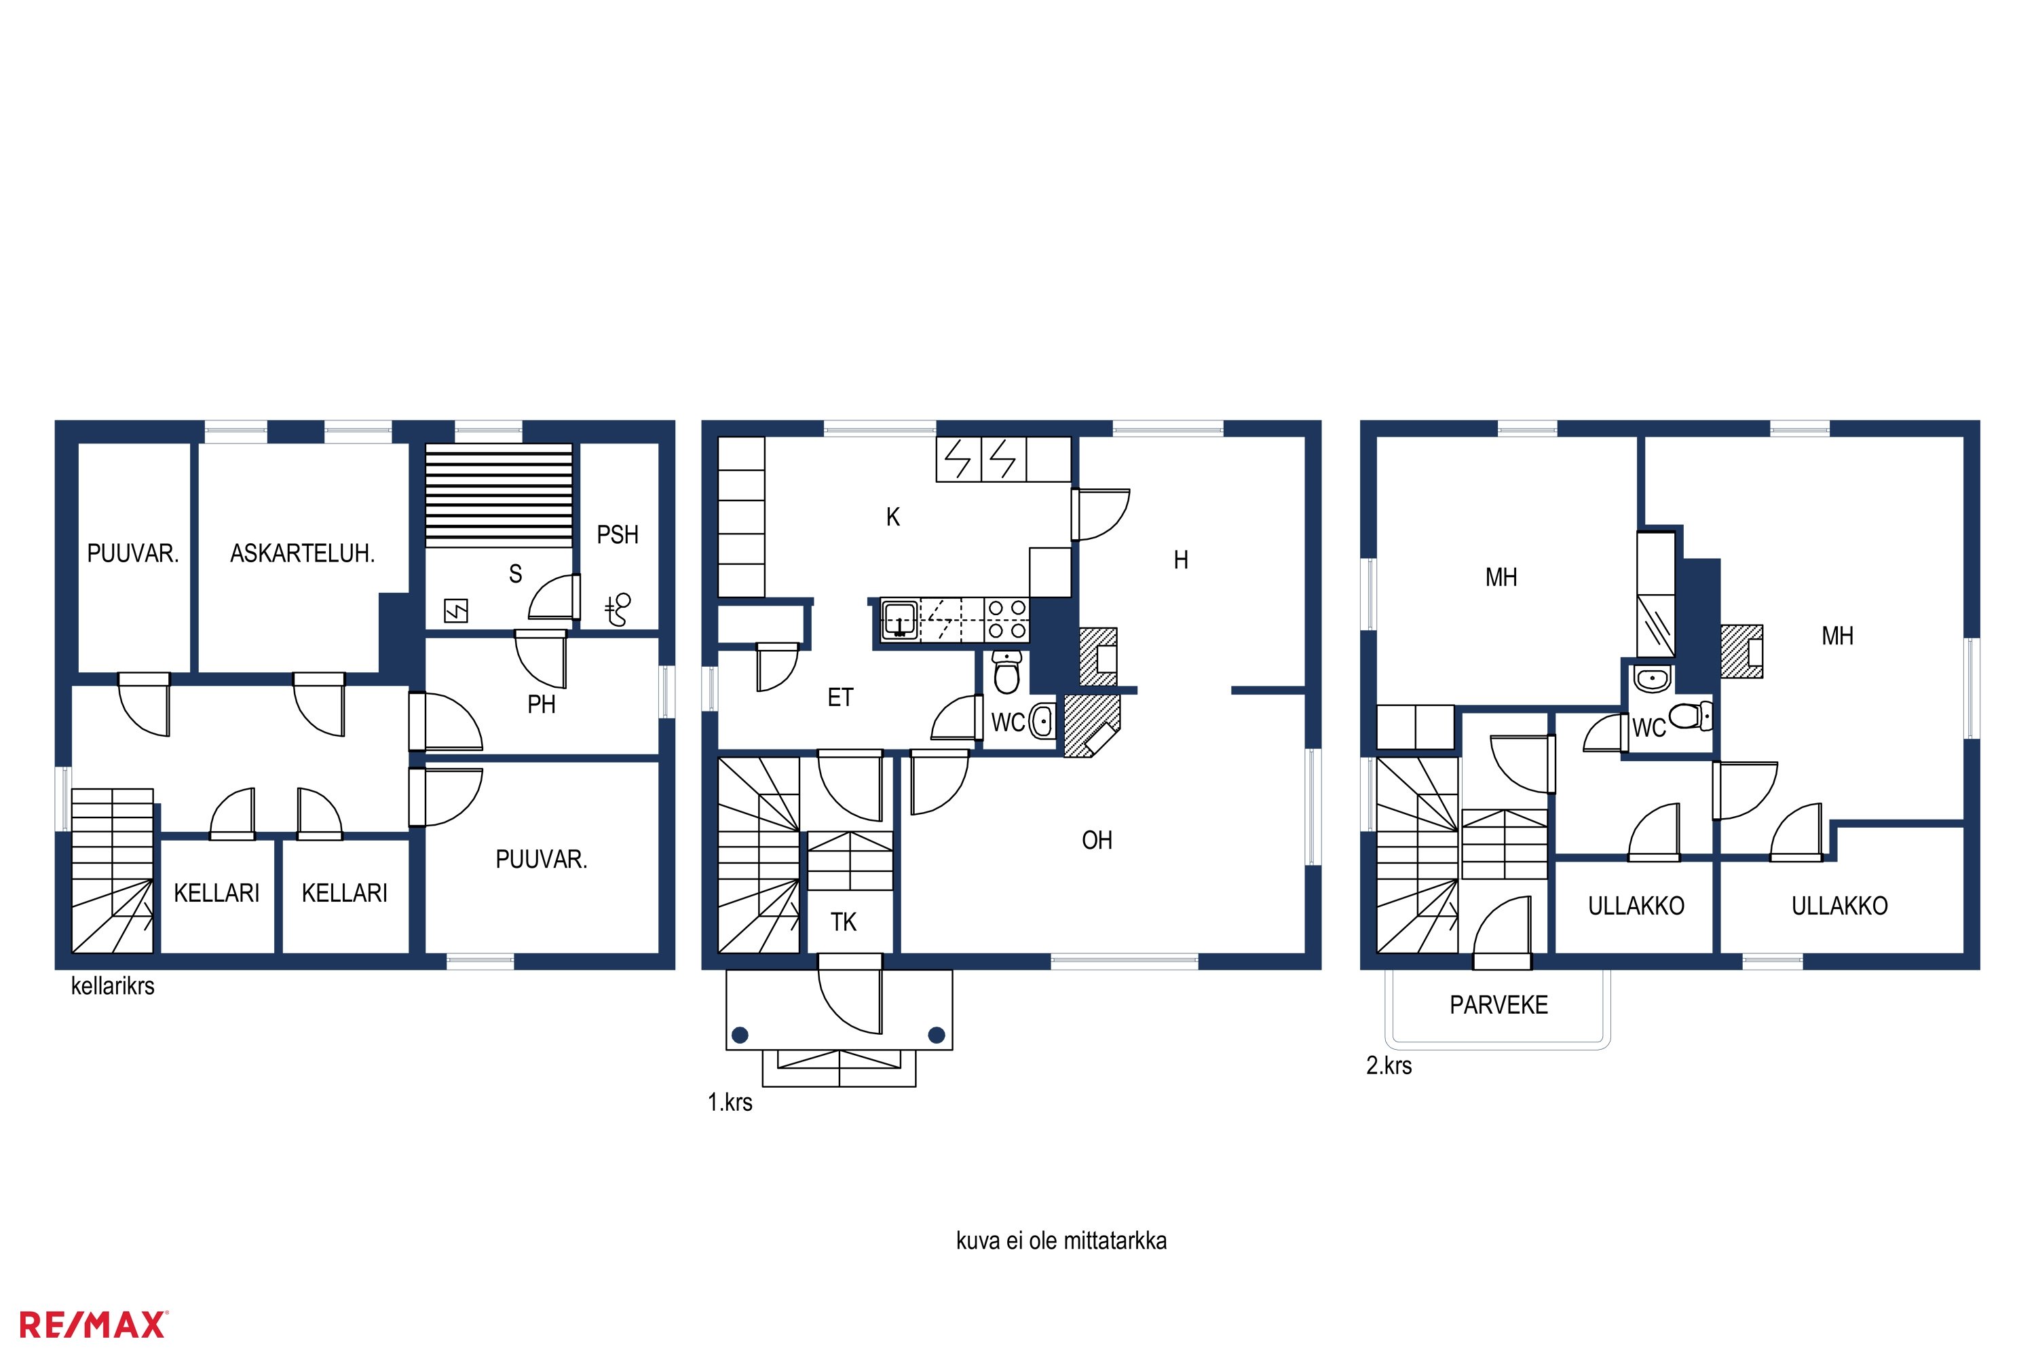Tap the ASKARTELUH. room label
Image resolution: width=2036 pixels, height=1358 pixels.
point(302,553)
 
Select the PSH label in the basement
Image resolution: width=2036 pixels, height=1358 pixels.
point(617,534)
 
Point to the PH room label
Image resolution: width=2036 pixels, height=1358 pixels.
point(541,704)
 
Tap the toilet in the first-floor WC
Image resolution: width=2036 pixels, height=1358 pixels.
point(1006,672)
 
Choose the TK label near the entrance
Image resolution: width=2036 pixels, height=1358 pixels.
point(843,921)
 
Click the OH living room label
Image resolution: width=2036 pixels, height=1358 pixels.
point(1097,840)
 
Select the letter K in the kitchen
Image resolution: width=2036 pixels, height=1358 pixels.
point(892,517)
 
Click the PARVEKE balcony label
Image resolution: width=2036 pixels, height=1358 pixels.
point(1498,1005)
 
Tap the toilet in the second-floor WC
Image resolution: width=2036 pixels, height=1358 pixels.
point(1691,716)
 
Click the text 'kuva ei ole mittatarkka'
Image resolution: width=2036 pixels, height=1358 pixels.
point(1061,1241)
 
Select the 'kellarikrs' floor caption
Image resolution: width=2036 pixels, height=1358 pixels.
point(113,986)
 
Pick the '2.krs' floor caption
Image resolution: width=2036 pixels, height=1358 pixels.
point(1389,1065)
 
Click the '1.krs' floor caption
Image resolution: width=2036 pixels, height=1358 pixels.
point(730,1103)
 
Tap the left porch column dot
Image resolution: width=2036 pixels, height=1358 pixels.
point(739,1034)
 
